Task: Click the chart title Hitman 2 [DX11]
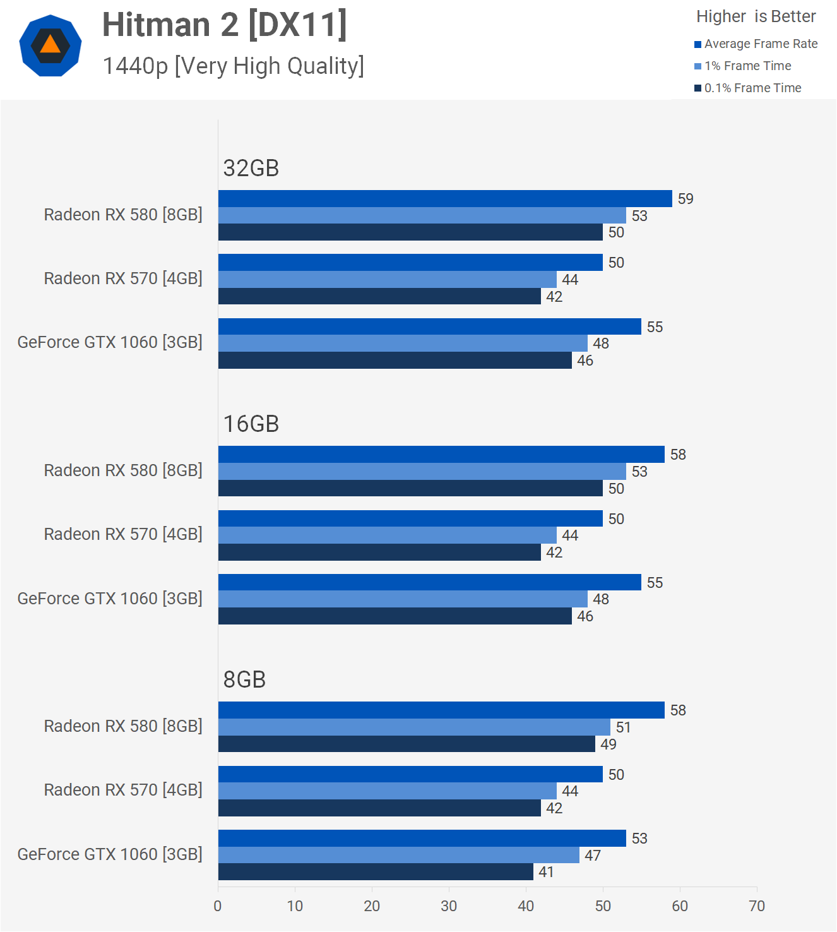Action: pyautogui.click(x=225, y=25)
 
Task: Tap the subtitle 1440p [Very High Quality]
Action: pyautogui.click(x=233, y=66)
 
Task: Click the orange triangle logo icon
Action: pyautogui.click(x=50, y=45)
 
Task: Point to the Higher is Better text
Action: pyautogui.click(x=756, y=16)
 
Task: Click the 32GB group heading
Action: pyautogui.click(x=251, y=168)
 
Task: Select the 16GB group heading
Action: pyautogui.click(x=251, y=424)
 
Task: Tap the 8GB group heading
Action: pyautogui.click(x=245, y=679)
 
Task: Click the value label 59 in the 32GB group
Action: pyautogui.click(x=686, y=199)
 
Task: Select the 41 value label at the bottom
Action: pyautogui.click(x=546, y=872)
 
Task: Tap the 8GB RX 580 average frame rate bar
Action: pyautogui.click(x=441, y=710)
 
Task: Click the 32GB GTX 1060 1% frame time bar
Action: pyautogui.click(x=403, y=344)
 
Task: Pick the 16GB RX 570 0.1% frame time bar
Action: pyautogui.click(x=379, y=553)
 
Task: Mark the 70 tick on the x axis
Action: pyautogui.click(x=757, y=906)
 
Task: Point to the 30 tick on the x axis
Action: pyautogui.click(x=449, y=906)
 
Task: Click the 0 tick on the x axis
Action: pyautogui.click(x=218, y=906)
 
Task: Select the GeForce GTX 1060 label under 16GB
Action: pyautogui.click(x=110, y=599)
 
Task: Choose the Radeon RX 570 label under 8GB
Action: pyautogui.click(x=123, y=790)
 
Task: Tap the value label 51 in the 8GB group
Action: pyautogui.click(x=624, y=727)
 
